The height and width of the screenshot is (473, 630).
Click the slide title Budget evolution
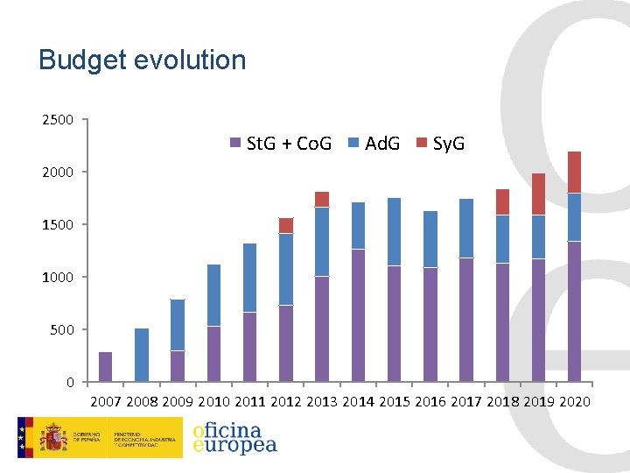click(143, 60)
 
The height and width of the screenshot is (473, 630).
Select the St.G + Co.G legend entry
click(281, 144)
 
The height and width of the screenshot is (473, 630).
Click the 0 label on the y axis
click(70, 383)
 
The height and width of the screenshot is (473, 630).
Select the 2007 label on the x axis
click(107, 402)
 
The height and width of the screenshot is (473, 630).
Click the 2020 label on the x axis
click(574, 402)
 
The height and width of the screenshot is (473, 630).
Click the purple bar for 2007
click(106, 367)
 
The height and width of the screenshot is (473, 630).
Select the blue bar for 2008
click(142, 355)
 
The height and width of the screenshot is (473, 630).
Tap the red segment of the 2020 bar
click(574, 172)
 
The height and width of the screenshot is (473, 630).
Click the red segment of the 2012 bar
click(286, 225)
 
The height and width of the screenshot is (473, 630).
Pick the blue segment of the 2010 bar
click(214, 295)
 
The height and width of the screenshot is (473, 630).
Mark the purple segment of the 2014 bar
click(358, 315)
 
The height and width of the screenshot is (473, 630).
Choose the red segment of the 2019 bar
click(538, 194)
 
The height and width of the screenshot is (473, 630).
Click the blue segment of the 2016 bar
click(430, 239)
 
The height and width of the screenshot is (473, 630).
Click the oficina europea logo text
click(234, 437)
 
